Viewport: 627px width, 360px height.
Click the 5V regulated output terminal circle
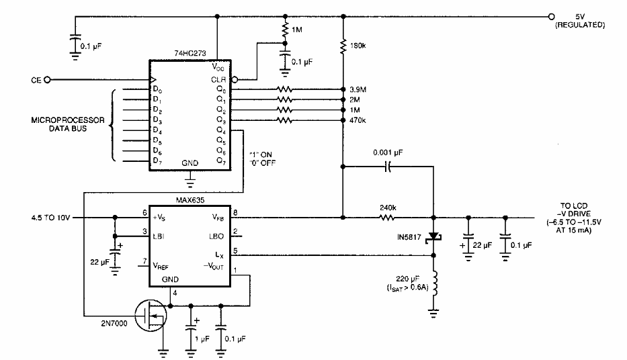coord(551,17)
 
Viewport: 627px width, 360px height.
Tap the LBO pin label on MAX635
coord(216,234)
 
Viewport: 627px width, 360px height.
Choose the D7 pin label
coord(157,161)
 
